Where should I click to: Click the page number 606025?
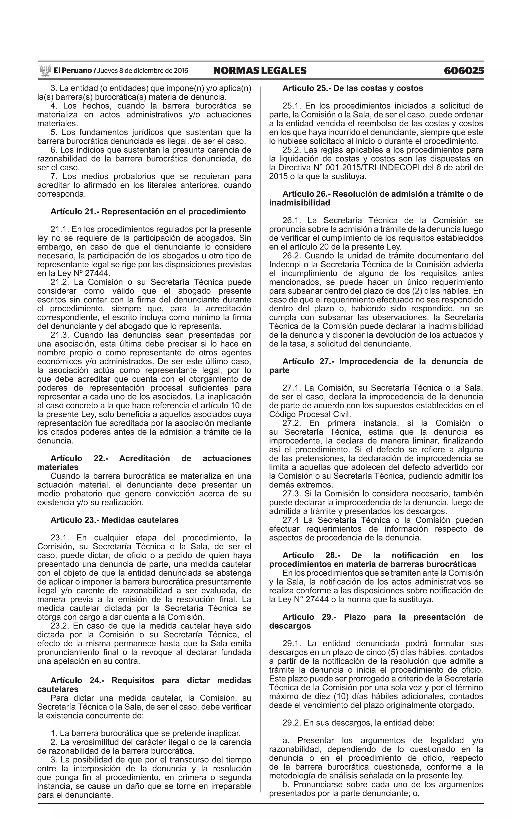click(x=463, y=71)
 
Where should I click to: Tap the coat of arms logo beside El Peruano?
click(x=45, y=71)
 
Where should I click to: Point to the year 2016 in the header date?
click(x=181, y=71)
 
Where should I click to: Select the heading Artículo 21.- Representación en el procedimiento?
click(x=148, y=212)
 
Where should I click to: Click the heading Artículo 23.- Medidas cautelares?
click(x=114, y=520)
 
